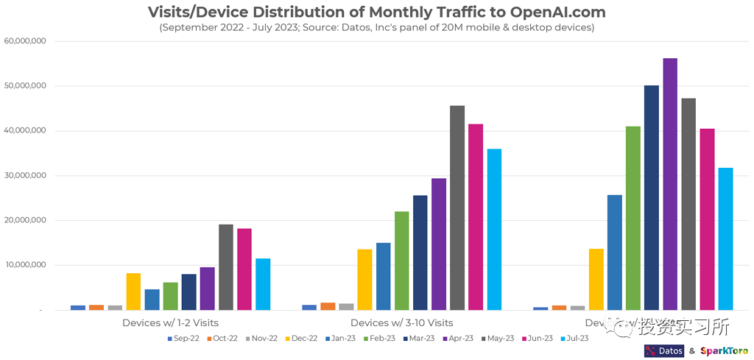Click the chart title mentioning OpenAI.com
point(376,12)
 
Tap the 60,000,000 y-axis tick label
point(26,41)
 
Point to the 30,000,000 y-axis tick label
point(26,176)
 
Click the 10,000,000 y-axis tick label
point(26,265)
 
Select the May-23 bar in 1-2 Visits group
point(225,267)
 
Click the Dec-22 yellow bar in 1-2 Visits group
point(133,292)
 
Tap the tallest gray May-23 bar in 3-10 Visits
point(457,208)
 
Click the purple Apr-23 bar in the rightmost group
point(670,184)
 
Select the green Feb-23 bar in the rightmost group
point(633,218)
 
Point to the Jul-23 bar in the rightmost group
point(725,239)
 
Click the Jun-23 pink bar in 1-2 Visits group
point(244,269)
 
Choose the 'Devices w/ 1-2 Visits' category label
point(169,322)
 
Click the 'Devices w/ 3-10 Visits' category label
point(401,322)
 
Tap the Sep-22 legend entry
point(184,339)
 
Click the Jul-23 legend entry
point(574,339)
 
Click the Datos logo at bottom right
point(663,351)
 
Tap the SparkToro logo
point(724,351)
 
